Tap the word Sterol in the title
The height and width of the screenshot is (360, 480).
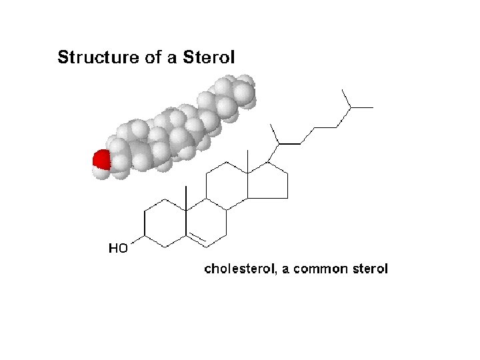click(208, 57)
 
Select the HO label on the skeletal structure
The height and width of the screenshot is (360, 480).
click(118, 249)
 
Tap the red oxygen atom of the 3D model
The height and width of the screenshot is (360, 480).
click(101, 160)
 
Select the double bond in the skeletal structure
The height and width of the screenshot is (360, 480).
click(198, 236)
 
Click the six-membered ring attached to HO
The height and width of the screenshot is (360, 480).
click(165, 224)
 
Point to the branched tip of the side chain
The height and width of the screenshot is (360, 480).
click(350, 105)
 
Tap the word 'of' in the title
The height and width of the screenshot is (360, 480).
click(151, 57)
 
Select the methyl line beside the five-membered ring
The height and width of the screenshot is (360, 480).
click(247, 161)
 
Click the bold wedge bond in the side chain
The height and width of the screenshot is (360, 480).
click(288, 143)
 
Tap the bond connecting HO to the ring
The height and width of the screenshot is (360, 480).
click(139, 239)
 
